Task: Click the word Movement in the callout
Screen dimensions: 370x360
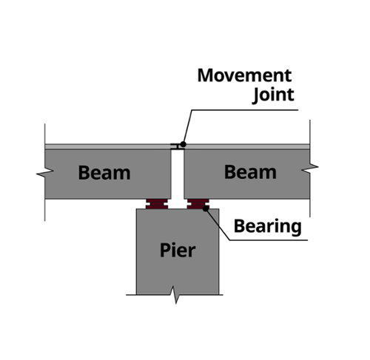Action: click(244, 75)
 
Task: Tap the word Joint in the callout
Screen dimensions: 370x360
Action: click(274, 95)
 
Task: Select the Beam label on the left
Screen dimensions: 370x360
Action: click(104, 173)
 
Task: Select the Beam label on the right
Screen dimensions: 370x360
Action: click(250, 172)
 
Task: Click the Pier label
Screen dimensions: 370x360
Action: click(178, 251)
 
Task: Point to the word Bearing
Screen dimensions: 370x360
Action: click(268, 226)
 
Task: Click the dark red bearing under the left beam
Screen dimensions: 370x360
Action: click(157, 204)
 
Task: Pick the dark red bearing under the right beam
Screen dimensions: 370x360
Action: click(198, 204)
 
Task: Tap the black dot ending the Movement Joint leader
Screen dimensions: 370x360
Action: click(183, 144)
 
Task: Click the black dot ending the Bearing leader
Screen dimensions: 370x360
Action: click(206, 208)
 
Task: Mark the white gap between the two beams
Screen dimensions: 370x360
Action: click(178, 174)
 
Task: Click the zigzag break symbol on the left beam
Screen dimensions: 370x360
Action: click(45, 173)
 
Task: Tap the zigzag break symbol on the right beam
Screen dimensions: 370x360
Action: click(310, 168)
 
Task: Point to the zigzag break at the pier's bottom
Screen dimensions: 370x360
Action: click(175, 295)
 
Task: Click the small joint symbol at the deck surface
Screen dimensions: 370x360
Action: click(178, 146)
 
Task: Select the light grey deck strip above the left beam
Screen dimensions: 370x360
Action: click(108, 146)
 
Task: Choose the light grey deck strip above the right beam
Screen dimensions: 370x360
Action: click(247, 146)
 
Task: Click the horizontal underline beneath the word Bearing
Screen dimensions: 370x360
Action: click(269, 240)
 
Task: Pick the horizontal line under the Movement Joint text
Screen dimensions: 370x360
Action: click(245, 110)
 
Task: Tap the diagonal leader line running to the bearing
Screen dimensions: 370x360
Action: click(218, 224)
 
